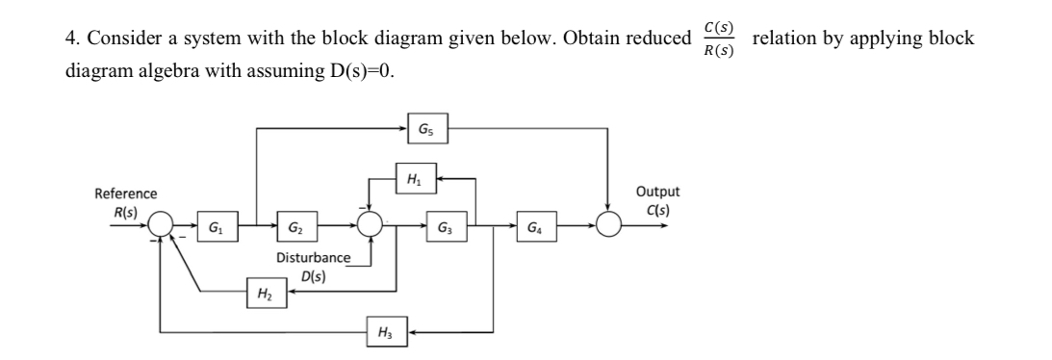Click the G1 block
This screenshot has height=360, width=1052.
point(213,228)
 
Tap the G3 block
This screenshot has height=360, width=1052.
point(444,228)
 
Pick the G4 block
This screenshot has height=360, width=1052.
point(532,228)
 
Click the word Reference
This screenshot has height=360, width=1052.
point(126,193)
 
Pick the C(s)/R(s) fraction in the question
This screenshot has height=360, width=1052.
point(716,39)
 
